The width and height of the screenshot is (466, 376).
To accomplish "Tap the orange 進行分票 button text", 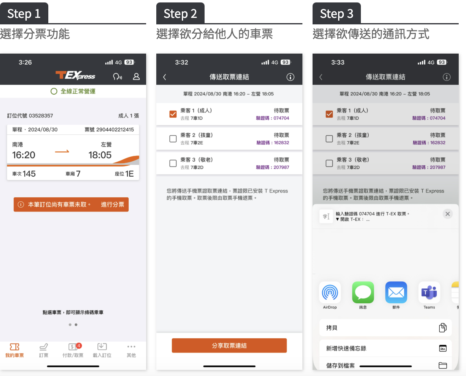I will point(112,205).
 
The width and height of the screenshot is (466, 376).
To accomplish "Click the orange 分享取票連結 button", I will point(229,346).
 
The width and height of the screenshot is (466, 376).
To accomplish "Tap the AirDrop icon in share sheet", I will point(330,293).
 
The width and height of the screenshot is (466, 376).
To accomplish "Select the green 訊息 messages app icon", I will point(363,293).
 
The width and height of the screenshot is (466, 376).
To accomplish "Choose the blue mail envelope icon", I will point(396,293).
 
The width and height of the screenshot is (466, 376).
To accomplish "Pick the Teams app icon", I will point(429,293).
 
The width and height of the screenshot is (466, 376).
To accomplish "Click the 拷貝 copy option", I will point(386,328).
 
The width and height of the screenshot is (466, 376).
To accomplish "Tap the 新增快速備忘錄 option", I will point(386,348).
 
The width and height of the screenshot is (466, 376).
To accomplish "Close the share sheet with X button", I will point(447,214).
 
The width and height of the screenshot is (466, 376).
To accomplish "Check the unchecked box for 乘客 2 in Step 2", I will point(173,139).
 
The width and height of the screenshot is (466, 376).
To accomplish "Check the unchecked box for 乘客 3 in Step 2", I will point(173,163).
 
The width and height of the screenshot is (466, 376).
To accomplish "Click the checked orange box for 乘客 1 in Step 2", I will point(173,114).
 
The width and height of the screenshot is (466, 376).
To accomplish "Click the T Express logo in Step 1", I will point(75,76).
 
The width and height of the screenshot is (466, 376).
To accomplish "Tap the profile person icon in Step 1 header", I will point(136,76).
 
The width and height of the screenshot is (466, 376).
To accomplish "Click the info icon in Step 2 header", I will point(290,77).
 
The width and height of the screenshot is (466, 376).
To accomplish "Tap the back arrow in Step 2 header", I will point(164,77).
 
